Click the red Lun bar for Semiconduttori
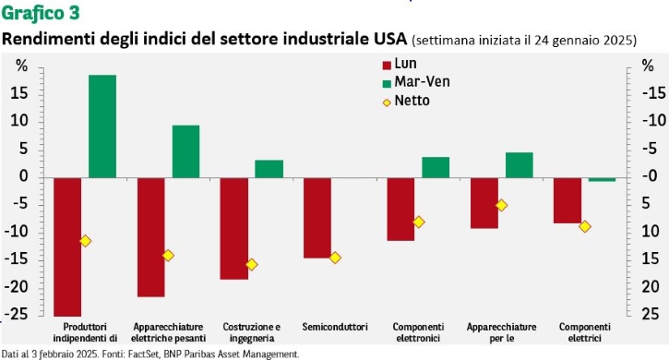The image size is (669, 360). (317, 218)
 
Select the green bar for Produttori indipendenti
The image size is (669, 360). (102, 126)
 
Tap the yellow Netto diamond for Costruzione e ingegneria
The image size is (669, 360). (252, 265)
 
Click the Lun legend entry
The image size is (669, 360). (400, 64)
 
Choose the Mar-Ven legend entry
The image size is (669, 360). (416, 82)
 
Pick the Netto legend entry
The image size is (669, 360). (406, 102)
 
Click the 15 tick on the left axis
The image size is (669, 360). (20, 93)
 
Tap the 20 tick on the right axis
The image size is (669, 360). (651, 287)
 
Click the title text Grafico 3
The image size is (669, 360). (41, 13)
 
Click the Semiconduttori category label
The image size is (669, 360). (335, 327)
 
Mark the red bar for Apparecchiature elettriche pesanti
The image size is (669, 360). (151, 237)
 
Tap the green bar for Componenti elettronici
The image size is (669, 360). (436, 167)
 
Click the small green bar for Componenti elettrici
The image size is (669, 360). (602, 179)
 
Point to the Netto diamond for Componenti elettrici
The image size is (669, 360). (585, 226)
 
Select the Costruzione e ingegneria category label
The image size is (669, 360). (252, 332)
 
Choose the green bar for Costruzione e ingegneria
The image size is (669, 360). (269, 169)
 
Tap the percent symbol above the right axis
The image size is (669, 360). (648, 66)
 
